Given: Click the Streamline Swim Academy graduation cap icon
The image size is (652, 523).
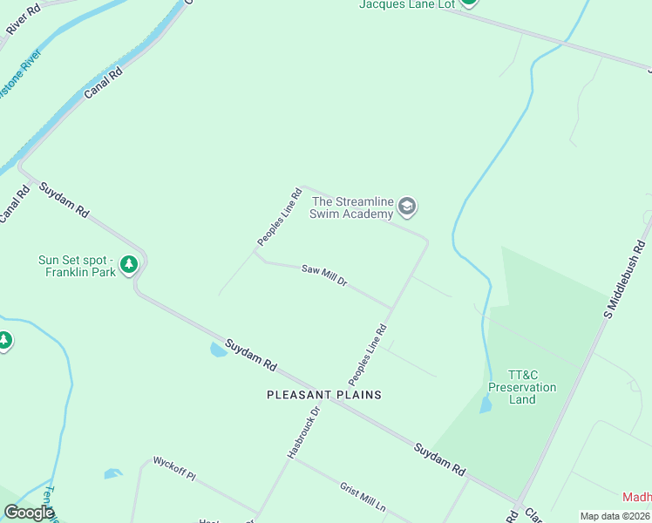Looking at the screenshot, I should click(x=406, y=207).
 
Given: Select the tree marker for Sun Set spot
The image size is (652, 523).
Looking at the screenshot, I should click(x=129, y=263).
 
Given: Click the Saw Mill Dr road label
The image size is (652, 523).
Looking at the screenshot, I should click(x=324, y=275).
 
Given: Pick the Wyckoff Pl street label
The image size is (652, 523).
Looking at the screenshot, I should click(x=174, y=468).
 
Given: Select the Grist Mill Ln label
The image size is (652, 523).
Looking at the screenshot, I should click(x=363, y=496).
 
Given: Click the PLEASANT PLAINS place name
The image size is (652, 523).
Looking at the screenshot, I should click(x=324, y=395).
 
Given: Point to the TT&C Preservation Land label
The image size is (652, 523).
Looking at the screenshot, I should click(x=522, y=386).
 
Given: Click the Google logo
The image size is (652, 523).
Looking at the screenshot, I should click(x=29, y=513).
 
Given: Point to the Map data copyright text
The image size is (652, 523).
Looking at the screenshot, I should click(x=615, y=516).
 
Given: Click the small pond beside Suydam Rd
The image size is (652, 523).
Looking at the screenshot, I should click(x=216, y=350).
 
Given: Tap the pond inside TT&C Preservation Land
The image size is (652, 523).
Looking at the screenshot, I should click(x=485, y=404).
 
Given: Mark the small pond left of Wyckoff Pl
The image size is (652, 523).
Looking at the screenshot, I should click(x=112, y=474).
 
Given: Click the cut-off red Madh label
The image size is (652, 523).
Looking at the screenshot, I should click(x=637, y=497).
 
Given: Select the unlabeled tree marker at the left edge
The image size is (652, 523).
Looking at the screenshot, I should click(x=4, y=340).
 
